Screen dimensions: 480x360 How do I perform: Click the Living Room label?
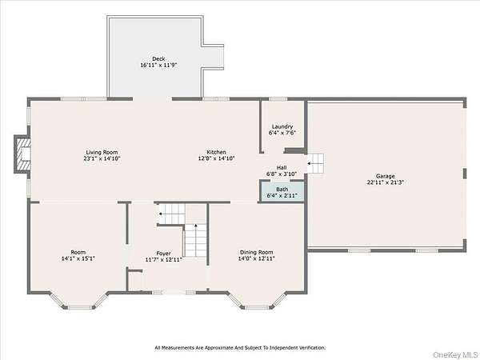tap(102, 152)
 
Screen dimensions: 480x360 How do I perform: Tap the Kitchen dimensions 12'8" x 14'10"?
tap(217, 158)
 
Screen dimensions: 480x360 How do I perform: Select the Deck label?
tap(158, 58)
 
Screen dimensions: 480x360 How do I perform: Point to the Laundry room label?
tap(282, 126)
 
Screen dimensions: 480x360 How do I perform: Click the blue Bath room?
tap(282, 192)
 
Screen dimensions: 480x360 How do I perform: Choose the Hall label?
tap(282, 167)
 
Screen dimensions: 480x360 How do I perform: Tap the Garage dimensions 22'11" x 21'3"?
tap(386, 182)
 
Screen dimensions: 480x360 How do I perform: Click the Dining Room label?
tap(257, 252)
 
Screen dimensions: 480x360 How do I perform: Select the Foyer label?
tap(163, 254)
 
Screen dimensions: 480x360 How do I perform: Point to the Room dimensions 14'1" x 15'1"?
tap(78, 258)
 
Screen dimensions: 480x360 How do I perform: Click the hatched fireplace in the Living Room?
tap(23, 154)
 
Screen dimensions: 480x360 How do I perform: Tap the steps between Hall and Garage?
tap(315, 163)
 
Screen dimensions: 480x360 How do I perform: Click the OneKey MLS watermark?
tap(456, 354)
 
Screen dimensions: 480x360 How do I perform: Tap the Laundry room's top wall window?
tap(278, 99)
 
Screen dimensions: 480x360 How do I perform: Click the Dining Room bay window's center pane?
tap(257, 307)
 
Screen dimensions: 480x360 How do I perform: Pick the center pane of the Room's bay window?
tap(80, 307)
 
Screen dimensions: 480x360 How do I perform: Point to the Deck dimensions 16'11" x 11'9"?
tap(158, 66)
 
